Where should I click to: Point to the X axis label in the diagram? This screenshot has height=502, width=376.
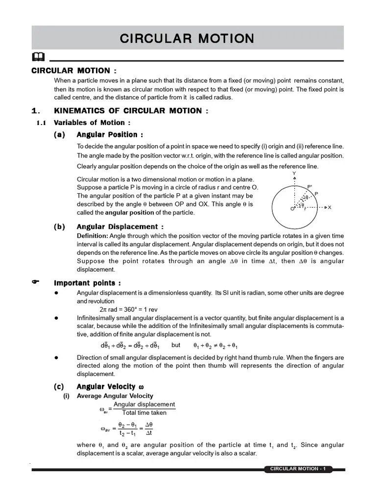(329, 207)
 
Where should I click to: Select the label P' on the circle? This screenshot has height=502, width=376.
(309, 187)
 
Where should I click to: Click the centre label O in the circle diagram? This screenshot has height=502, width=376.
(292, 209)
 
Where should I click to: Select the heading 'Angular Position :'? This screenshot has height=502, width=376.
(110, 134)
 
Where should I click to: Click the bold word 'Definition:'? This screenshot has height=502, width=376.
(91, 236)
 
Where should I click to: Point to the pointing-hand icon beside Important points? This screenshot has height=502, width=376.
(35, 282)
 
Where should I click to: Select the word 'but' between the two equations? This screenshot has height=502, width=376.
(176, 345)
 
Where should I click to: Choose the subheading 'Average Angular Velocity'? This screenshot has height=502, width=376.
(115, 396)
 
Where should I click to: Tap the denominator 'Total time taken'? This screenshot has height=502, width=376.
(144, 413)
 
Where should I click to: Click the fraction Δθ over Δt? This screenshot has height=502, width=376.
(149, 428)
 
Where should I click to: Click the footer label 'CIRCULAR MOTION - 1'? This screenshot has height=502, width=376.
(298, 469)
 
